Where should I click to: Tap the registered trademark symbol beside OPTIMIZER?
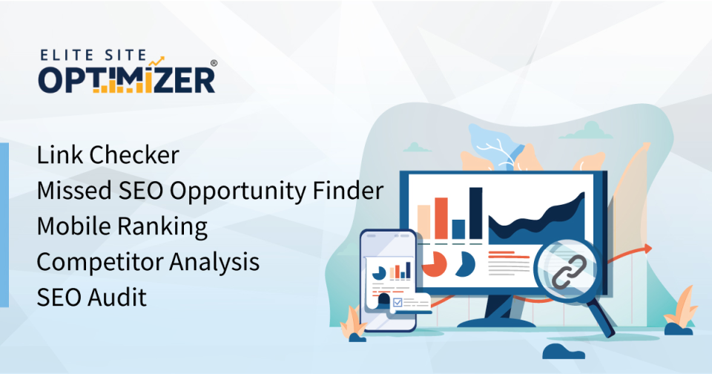tap(214, 63)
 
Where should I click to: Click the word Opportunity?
tap(237, 191)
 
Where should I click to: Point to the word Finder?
tap(348, 191)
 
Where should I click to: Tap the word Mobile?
tap(74, 226)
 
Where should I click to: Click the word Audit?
tap(117, 298)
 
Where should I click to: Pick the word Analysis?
tap(214, 262)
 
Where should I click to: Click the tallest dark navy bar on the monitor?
tap(475, 213)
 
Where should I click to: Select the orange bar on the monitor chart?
tap(441, 218)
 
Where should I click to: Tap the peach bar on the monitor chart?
tap(423, 222)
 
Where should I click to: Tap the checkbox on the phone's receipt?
tap(398, 302)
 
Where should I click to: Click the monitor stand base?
tap(496, 323)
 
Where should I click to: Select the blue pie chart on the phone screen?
tap(379, 273)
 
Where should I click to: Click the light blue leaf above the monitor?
tap(495, 145)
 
